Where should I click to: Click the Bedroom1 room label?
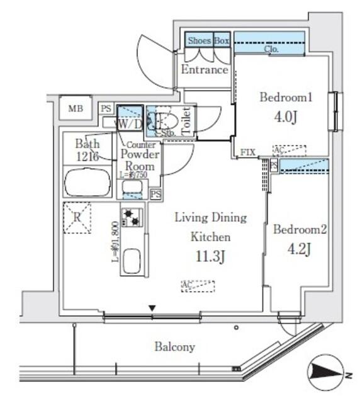click(286, 98)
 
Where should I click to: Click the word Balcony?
click(174, 347)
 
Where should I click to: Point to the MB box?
click(76, 108)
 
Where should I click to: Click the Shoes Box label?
click(207, 40)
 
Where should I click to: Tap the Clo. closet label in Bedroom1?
click(273, 48)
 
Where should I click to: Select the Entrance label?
click(204, 70)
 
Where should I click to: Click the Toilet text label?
click(186, 119)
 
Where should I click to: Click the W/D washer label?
click(129, 125)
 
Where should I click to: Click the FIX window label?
click(248, 153)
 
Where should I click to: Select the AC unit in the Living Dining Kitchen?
click(198, 286)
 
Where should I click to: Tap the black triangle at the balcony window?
click(151, 308)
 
